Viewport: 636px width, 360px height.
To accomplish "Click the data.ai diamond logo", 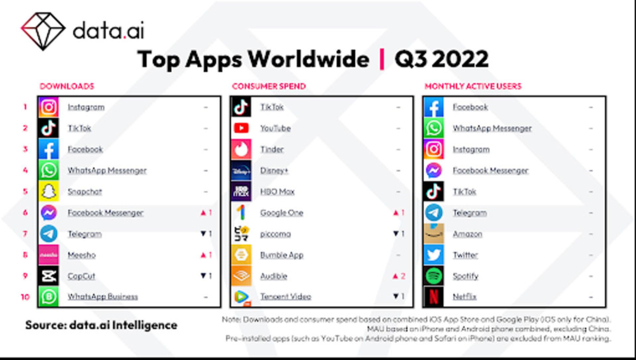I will point(43,31).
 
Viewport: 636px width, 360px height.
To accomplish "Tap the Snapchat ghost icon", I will point(49,192).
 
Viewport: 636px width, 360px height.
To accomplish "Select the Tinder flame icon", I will point(241,150).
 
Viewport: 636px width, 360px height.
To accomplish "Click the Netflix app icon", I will point(434,297).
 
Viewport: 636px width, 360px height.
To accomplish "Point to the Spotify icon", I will point(434,276).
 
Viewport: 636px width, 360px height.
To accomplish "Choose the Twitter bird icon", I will point(434,255).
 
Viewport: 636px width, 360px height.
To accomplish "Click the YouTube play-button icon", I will point(241,128).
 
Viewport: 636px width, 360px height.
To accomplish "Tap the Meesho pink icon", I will point(49,255).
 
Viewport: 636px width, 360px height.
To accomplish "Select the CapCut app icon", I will point(49,276).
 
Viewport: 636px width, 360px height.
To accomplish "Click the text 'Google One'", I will point(282,213).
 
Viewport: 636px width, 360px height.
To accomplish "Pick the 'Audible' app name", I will point(274,276).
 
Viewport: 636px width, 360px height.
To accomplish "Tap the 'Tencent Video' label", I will point(286,297).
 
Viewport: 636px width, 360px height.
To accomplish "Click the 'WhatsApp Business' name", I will point(103,297).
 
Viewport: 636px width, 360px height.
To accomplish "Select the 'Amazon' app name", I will point(467,234).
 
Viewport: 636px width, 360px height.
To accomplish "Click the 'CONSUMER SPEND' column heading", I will point(269,86).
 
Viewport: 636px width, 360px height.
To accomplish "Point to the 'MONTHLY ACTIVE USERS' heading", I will point(473,86).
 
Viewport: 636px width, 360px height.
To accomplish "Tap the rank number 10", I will point(25,297).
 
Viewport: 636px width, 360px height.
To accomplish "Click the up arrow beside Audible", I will point(396,276).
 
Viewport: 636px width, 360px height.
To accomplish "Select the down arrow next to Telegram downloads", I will point(203,234).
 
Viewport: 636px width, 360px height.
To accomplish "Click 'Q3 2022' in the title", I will point(441,59).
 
